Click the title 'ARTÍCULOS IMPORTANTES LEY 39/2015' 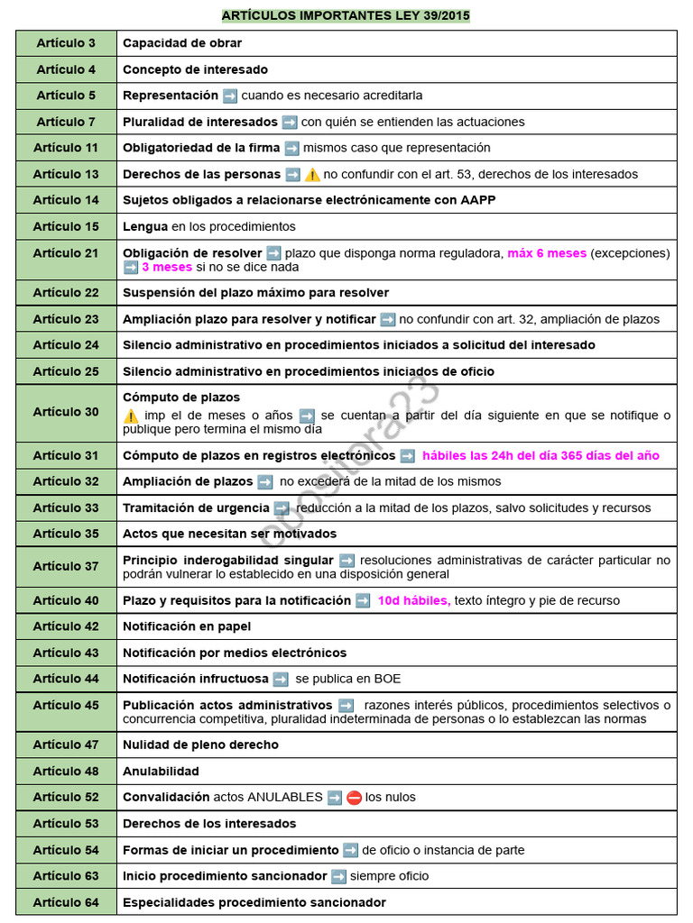[x=346, y=15]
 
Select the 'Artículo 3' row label [x=66, y=43]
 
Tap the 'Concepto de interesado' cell [x=195, y=69]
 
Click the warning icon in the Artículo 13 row [x=312, y=174]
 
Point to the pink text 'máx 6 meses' [x=547, y=253]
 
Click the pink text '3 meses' [x=167, y=267]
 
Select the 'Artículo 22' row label [x=66, y=292]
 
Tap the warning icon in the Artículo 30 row [x=131, y=416]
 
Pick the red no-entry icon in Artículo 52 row [x=354, y=797]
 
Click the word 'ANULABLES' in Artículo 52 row [x=285, y=797]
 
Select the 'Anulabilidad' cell [x=161, y=771]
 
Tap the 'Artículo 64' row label [x=66, y=902]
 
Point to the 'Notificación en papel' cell [x=187, y=626]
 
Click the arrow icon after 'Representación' [x=230, y=96]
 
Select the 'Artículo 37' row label [x=66, y=566]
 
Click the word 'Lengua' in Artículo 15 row [x=145, y=226]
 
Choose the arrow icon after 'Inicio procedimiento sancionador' [x=338, y=876]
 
